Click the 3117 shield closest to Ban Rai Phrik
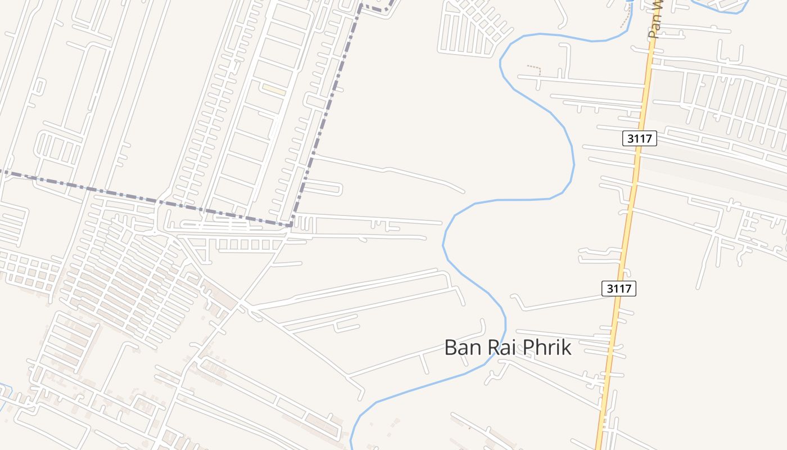[619, 289]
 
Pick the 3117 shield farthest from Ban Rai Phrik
[640, 138]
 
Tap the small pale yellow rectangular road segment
[274, 89]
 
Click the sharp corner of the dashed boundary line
[291, 225]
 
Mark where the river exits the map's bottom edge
[351, 447]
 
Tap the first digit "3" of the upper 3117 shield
[630, 138]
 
